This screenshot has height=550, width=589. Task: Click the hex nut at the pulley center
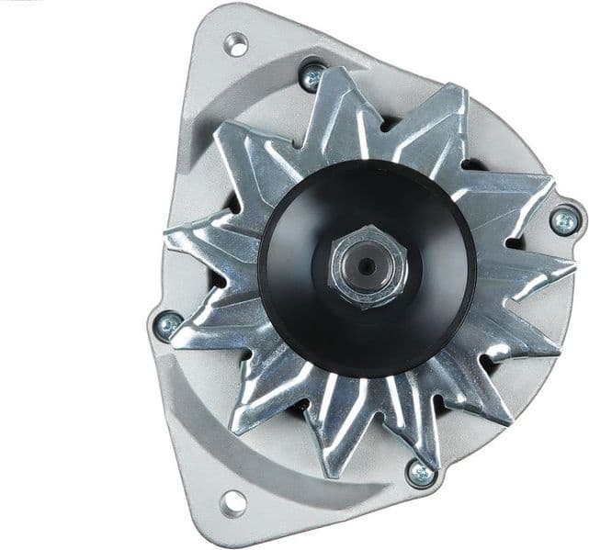tap(366, 267)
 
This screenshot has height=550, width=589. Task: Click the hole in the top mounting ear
tap(237, 42)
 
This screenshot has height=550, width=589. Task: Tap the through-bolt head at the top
tap(312, 75)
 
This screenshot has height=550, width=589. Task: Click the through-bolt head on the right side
tap(563, 220)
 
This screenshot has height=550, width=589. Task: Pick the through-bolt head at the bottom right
tap(420, 474)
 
